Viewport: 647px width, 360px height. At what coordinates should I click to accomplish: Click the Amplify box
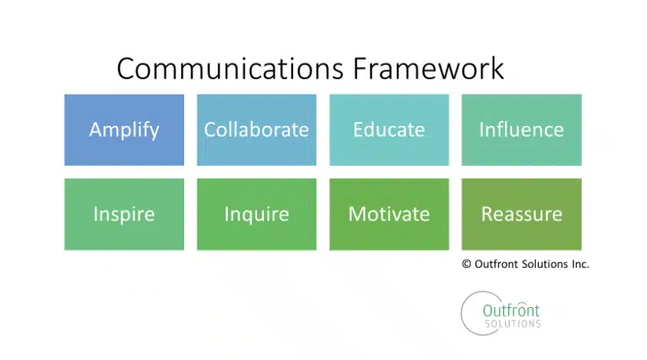(x=124, y=130)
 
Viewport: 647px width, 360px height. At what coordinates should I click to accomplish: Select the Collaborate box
(x=256, y=130)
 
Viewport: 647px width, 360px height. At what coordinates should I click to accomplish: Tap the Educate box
(x=389, y=130)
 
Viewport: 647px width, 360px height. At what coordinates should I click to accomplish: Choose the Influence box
(x=522, y=130)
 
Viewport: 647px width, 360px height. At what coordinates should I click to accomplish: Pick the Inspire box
(x=124, y=214)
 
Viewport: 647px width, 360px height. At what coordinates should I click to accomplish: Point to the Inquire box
(x=256, y=214)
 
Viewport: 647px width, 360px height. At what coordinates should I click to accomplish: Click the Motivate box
(x=389, y=214)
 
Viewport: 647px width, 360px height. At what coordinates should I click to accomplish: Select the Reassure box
(x=522, y=214)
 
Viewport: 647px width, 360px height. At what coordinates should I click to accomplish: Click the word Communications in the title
(x=230, y=68)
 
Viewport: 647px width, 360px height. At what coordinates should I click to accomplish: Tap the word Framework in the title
(x=428, y=68)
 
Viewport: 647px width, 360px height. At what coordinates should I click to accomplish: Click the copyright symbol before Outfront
(x=467, y=264)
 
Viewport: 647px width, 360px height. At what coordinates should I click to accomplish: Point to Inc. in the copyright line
(x=580, y=264)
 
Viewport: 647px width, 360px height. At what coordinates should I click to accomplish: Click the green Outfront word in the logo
(x=511, y=310)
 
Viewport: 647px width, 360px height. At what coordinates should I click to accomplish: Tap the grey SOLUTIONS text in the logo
(x=513, y=324)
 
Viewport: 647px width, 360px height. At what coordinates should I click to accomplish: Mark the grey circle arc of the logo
(x=462, y=314)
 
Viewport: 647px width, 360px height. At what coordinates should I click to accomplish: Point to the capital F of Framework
(x=360, y=68)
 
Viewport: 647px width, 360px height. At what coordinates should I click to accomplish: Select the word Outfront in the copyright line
(x=497, y=264)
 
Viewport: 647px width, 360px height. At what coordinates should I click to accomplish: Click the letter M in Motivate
(x=358, y=214)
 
